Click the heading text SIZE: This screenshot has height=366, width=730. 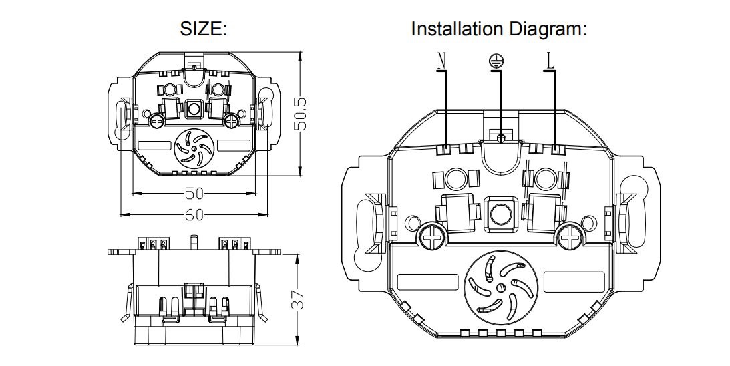tap(204, 29)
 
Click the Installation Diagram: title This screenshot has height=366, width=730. tap(499, 29)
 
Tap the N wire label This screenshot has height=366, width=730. tap(442, 61)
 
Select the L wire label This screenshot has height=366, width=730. tap(550, 61)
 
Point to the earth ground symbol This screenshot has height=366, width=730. tap(496, 61)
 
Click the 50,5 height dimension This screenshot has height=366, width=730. tap(302, 114)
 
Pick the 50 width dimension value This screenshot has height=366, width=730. tap(194, 193)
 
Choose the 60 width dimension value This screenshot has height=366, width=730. tap(194, 214)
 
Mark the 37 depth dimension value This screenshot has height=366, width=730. tap(299, 299)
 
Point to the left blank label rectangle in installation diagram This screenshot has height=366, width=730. tap(428, 283)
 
